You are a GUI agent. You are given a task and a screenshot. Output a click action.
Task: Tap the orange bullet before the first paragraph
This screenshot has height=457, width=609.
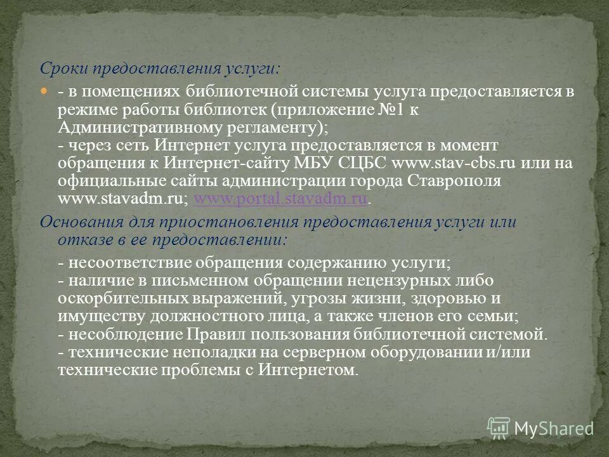tap(44, 91)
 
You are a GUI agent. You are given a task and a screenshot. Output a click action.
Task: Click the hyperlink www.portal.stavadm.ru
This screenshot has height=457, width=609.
tap(281, 199)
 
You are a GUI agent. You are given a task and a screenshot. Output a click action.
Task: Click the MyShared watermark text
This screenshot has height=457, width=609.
tap(553, 428)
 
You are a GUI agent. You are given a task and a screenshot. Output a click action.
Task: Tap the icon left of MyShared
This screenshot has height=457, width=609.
tap(499, 428)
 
